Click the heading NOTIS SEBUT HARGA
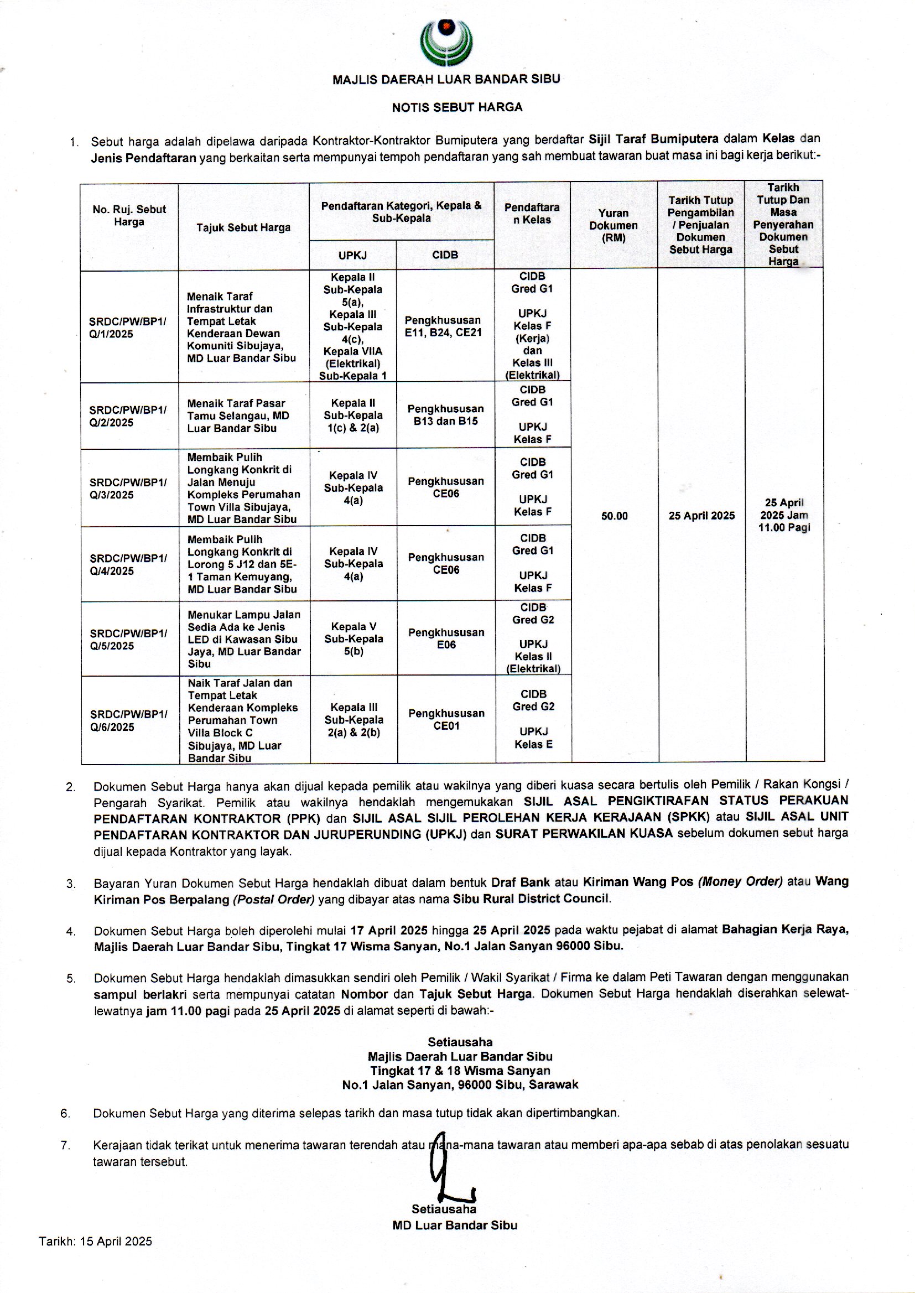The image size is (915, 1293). pyautogui.click(x=457, y=107)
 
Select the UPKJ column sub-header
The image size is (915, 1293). pyautogui.click(x=352, y=255)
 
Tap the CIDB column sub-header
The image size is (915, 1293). pyautogui.click(x=445, y=255)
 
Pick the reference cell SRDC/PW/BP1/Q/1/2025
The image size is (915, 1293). pyautogui.click(x=128, y=328)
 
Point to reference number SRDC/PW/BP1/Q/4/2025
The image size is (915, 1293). pyautogui.click(x=128, y=564)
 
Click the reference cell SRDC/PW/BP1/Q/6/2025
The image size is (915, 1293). pyautogui.click(x=128, y=720)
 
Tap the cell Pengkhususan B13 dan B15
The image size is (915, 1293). pyautogui.click(x=445, y=414)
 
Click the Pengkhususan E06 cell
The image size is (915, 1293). pyautogui.click(x=446, y=638)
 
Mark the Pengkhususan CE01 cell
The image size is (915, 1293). pyautogui.click(x=446, y=719)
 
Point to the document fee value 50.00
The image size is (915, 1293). pyautogui.click(x=614, y=516)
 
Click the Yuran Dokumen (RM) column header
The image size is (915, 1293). pyautogui.click(x=613, y=225)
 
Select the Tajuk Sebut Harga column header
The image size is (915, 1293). pyautogui.click(x=243, y=227)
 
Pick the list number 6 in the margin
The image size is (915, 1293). pyautogui.click(x=65, y=1113)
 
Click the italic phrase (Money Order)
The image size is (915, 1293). pyautogui.click(x=740, y=881)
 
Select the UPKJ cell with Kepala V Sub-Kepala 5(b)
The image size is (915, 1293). pyautogui.click(x=353, y=639)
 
